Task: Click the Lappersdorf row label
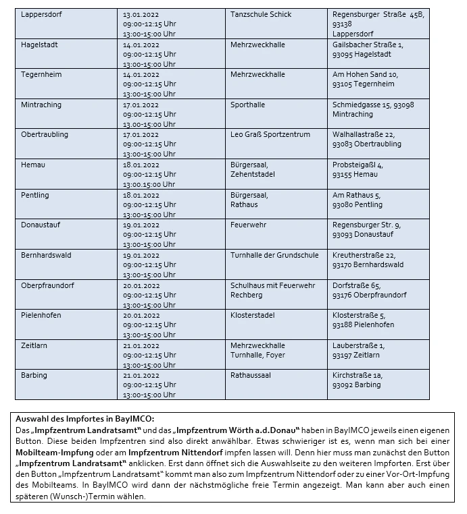tap(41, 14)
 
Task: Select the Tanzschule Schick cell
tap(262, 14)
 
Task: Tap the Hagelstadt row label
tap(40, 45)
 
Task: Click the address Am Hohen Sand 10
tap(366, 74)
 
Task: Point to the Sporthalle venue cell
tap(248, 105)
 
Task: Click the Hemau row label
tap(33, 165)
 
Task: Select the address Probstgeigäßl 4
tap(358, 165)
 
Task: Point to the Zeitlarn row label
tap(34, 345)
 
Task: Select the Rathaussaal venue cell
tap(250, 375)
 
